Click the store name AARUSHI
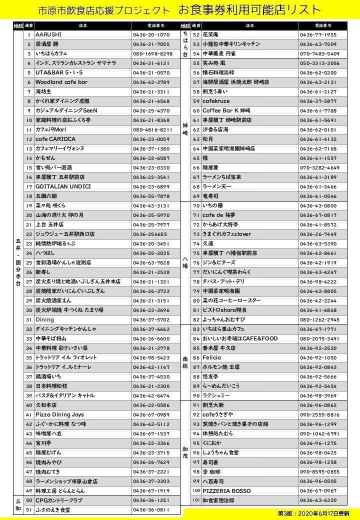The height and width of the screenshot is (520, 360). coord(48,35)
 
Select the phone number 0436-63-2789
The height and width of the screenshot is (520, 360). coord(151,82)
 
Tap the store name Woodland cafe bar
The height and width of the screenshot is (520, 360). coord(61,82)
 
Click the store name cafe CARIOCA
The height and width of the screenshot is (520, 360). coord(55,139)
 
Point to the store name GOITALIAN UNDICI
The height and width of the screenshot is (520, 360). coord(63,186)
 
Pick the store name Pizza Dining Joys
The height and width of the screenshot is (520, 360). coord(59,414)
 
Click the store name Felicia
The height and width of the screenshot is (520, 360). coord(212,357)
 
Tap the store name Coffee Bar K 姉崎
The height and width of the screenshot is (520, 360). coord(226,110)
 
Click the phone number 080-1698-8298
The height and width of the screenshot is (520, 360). coord(152,53)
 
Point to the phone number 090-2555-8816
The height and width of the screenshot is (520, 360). coord(320,414)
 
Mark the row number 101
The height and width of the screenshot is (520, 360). coord(196,500)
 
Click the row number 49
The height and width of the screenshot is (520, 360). coord(29,490)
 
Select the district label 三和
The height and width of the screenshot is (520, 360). coord(18,505)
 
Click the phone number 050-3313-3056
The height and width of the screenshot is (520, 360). coord(319,63)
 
